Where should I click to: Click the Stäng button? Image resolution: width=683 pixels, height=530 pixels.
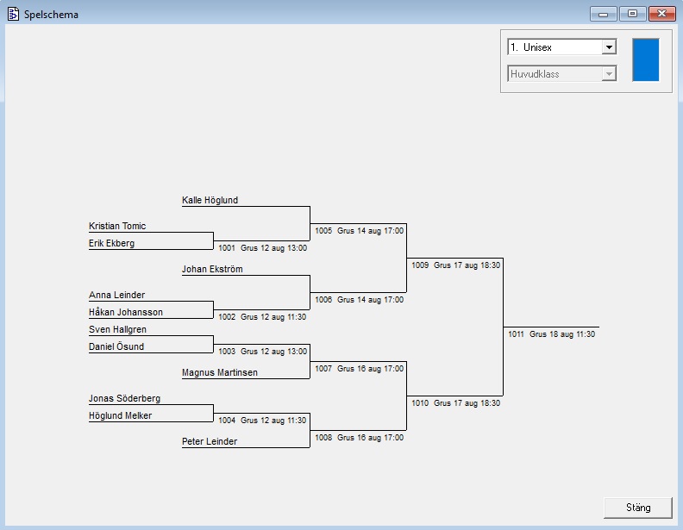click(x=637, y=508)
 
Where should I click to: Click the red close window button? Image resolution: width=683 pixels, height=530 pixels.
click(x=661, y=13)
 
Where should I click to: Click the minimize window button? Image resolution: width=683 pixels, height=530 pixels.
click(x=603, y=13)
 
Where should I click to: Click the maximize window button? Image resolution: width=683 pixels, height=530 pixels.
click(x=631, y=13)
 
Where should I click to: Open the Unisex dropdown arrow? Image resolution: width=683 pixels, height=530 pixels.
click(x=609, y=47)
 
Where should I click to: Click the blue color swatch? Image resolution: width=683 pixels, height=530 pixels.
click(x=645, y=59)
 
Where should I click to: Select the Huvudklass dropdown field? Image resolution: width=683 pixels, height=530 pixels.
click(x=561, y=74)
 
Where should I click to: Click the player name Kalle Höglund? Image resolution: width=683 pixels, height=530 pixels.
click(x=210, y=200)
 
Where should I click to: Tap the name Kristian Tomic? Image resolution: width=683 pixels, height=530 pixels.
click(x=117, y=226)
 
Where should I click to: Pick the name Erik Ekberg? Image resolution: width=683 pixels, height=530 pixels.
click(x=111, y=243)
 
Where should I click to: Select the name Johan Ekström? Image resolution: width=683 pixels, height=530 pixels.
click(x=212, y=269)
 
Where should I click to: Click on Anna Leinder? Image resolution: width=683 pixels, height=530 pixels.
click(x=116, y=295)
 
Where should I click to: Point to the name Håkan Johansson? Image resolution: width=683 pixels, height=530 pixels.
click(x=125, y=312)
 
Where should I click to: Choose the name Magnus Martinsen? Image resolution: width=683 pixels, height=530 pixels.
click(x=219, y=372)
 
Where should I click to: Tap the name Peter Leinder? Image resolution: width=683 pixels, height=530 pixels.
click(x=209, y=441)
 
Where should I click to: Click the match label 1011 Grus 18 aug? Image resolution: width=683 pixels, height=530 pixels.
click(x=551, y=334)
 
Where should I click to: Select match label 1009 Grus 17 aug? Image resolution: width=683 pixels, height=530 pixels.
click(x=455, y=265)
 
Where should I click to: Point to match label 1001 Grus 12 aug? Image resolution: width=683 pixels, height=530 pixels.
click(x=262, y=247)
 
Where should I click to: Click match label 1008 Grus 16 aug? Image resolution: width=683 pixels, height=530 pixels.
click(x=359, y=437)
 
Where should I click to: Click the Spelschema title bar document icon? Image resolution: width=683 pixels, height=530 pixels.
click(x=13, y=14)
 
